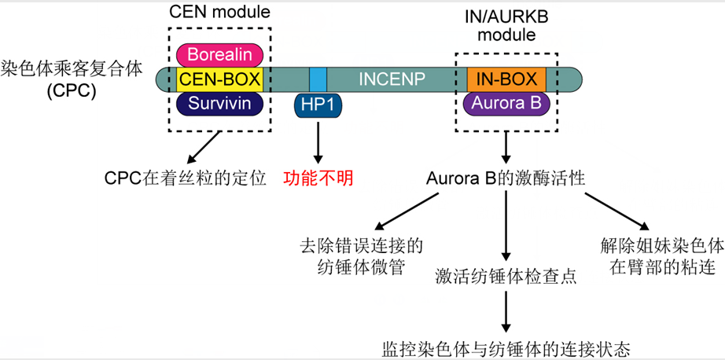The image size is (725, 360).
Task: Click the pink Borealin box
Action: [219, 55]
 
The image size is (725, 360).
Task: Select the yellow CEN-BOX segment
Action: [219, 79]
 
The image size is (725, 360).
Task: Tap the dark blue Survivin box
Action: [219, 104]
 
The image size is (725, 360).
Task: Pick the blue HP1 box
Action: [318, 105]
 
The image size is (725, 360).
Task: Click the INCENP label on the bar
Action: [391, 79]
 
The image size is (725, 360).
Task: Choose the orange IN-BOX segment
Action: [506, 79]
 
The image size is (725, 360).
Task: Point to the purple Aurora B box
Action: [506, 104]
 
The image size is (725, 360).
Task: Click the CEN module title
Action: [219, 13]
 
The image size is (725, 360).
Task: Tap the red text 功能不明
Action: [318, 178]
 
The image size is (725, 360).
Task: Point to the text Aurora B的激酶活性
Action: [506, 178]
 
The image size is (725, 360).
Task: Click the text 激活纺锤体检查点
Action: [506, 277]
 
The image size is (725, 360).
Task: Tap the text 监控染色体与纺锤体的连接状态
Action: [506, 348]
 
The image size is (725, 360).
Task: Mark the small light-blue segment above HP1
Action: [318, 79]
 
